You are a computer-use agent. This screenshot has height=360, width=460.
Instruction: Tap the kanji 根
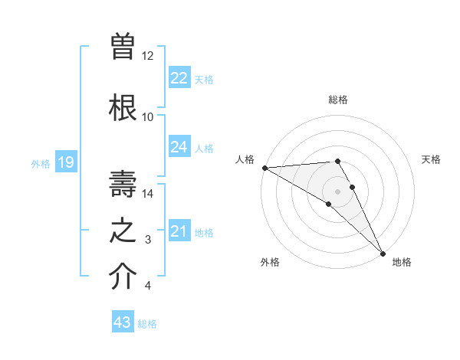[123, 106]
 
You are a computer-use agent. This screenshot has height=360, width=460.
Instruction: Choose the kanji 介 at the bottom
[123, 278]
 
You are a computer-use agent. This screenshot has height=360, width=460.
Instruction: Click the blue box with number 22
[179, 78]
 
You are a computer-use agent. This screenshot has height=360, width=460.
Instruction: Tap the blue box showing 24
[179, 147]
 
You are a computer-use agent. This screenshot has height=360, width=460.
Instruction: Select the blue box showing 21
[179, 231]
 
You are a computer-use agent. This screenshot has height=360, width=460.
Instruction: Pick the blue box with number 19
[65, 162]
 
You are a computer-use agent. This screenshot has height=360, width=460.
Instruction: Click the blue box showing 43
[123, 322]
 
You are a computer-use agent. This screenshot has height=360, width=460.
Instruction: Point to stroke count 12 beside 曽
[148, 56]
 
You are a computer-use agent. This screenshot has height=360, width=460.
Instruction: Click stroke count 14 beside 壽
[148, 193]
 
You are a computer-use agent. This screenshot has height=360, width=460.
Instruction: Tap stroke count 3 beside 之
[148, 240]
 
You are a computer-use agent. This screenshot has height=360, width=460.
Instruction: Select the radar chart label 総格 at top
[337, 100]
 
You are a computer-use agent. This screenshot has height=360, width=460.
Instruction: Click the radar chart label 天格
[431, 159]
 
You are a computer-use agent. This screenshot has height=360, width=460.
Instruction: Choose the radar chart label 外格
[270, 263]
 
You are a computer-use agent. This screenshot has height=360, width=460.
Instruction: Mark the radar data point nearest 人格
[264, 168]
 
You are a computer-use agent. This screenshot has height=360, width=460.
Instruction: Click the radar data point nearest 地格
[383, 253]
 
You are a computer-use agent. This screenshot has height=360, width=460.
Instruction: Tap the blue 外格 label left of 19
[40, 163]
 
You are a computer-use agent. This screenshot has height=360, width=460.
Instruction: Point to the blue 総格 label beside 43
[147, 324]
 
